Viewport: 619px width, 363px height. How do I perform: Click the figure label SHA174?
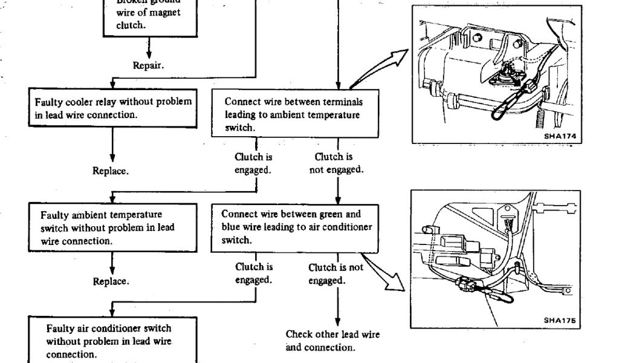559,136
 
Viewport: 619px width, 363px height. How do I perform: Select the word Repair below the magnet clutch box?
148,65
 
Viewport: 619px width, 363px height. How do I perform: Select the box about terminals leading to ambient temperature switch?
295,114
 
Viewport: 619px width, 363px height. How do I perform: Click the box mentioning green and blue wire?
295,227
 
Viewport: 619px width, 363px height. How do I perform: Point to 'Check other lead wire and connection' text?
333,341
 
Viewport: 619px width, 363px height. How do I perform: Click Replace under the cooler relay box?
110,171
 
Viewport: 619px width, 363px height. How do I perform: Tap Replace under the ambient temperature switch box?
110,281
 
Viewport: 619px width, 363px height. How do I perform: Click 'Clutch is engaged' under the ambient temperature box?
253,164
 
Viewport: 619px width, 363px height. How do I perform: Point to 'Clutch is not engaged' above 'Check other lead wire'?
336,273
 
